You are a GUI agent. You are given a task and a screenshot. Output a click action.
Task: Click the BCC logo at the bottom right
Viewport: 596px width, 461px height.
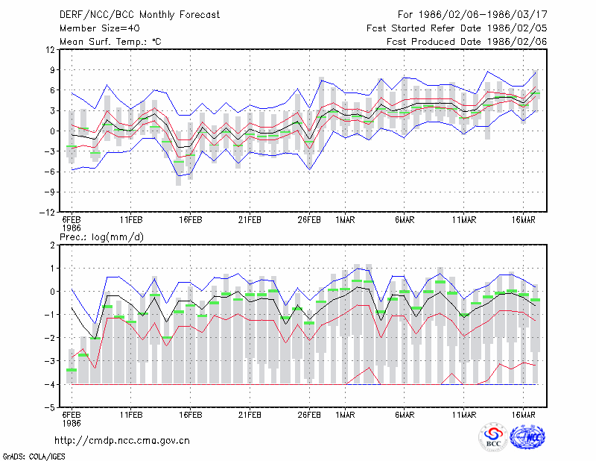click(493, 436)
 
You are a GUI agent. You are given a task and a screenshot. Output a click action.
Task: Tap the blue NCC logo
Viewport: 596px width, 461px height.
click(527, 436)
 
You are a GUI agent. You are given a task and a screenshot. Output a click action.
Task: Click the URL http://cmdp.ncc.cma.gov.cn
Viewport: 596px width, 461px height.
click(122, 441)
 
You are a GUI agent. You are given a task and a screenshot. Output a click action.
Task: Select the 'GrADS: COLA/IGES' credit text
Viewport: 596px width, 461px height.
click(34, 457)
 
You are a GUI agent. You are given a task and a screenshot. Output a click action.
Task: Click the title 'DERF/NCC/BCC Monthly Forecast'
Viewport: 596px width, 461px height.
click(139, 15)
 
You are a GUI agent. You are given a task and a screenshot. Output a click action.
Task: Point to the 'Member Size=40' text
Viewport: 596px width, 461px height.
click(100, 28)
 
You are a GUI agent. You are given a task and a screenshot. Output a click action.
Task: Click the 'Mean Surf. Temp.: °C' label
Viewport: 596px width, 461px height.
click(110, 42)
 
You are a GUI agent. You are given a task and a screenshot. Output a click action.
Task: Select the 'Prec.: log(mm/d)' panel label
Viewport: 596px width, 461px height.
click(101, 237)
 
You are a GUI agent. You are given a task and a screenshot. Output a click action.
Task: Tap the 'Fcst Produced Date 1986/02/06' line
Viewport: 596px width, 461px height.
click(467, 42)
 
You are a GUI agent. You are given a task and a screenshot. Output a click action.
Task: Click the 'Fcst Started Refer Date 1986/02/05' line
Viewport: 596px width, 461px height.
click(457, 28)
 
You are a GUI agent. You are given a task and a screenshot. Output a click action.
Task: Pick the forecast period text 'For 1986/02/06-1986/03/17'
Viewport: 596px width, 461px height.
click(472, 15)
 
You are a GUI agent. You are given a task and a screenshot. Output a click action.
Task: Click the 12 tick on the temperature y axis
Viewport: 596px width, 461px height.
click(51, 49)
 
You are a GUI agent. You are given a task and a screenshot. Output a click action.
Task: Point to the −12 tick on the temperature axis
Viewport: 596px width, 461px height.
click(47, 213)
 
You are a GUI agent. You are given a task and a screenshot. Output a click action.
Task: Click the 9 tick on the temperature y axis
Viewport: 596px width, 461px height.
click(52, 70)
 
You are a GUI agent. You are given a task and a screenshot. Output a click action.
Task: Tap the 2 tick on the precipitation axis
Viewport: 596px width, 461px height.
click(52, 245)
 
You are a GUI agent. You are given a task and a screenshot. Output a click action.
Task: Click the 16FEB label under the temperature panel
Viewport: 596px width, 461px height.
click(191, 220)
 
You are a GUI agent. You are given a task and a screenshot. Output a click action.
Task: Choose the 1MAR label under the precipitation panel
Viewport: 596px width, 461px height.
click(345, 415)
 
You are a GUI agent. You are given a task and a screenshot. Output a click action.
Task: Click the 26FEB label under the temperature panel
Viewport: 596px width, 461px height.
click(309, 220)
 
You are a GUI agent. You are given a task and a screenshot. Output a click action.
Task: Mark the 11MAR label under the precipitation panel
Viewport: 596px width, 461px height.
click(463, 415)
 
